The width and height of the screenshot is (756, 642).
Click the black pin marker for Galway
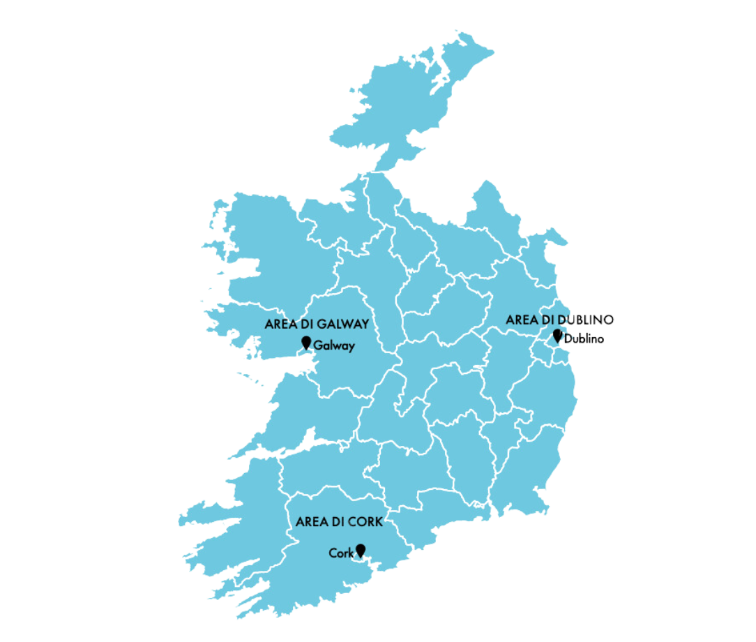[305, 342]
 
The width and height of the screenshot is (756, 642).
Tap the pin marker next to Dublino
[557, 336]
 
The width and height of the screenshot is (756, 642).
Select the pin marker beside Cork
[361, 550]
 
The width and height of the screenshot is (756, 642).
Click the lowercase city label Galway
[334, 345]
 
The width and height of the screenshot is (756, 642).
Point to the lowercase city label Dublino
[584, 340]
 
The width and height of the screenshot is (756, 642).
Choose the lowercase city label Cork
[341, 553]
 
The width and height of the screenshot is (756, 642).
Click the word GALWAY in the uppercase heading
[342, 324]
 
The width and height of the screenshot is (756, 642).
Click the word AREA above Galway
[279, 324]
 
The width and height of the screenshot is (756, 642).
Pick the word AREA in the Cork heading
[310, 521]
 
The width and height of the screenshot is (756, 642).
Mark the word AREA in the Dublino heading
[520, 320]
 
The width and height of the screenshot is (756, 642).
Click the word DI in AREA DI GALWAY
[305, 324]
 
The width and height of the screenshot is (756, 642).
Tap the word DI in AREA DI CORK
[337, 521]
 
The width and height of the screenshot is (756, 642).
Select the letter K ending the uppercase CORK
[379, 521]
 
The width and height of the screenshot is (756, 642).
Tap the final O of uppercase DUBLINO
[610, 320]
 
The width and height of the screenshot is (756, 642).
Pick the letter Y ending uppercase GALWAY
[364, 324]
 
